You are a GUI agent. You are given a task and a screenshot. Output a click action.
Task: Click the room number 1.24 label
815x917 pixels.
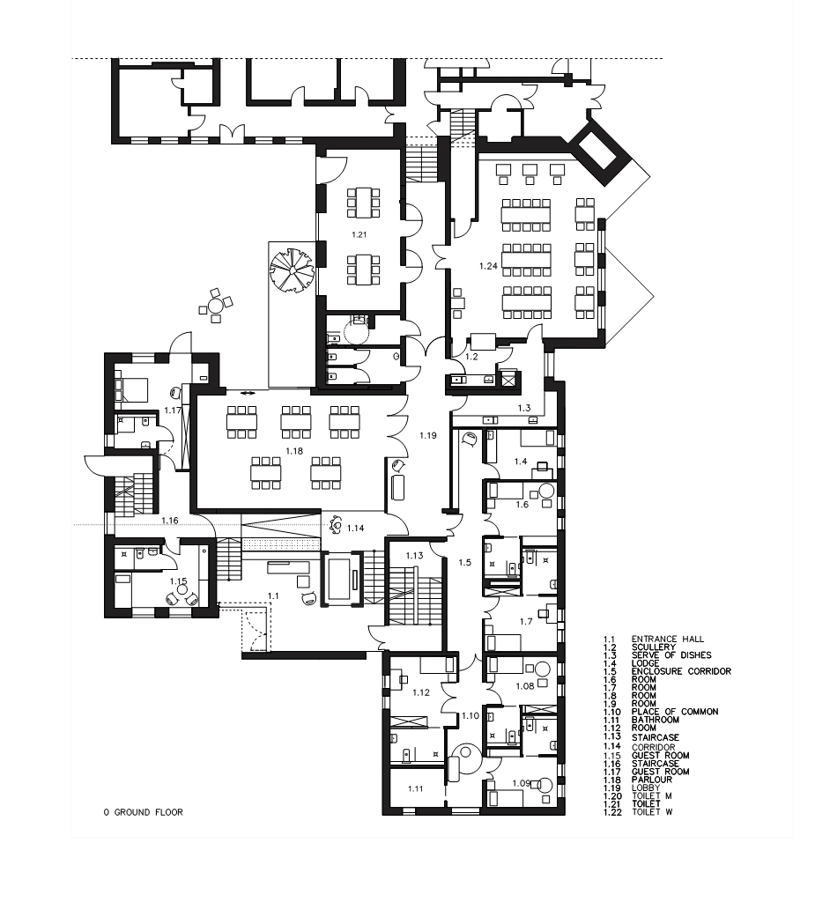(488, 265)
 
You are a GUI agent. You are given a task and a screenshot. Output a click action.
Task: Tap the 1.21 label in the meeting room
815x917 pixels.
(359, 235)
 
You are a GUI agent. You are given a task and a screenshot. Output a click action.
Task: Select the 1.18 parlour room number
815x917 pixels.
(293, 450)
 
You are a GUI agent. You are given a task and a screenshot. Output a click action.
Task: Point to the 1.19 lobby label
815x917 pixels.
(428, 435)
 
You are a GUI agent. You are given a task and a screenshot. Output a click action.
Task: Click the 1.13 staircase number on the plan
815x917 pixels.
(414, 555)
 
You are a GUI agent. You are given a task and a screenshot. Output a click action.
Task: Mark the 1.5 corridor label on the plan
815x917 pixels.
(465, 561)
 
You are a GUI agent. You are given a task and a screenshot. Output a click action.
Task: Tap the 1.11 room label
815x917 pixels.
(417, 788)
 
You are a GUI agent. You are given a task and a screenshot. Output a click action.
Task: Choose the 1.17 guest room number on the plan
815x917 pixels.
(172, 410)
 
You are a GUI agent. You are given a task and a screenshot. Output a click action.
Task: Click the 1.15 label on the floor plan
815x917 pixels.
(178, 581)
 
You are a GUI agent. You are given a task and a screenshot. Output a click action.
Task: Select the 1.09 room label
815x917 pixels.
(522, 783)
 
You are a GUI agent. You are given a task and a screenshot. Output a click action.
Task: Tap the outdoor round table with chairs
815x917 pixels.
(215, 306)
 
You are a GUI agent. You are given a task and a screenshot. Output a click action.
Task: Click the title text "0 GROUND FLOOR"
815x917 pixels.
(143, 812)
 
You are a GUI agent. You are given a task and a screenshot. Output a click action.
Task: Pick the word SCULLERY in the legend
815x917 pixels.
(654, 647)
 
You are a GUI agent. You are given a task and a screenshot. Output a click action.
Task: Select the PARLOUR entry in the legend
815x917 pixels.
(652, 780)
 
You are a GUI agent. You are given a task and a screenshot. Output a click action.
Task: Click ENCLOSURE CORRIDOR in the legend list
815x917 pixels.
(681, 671)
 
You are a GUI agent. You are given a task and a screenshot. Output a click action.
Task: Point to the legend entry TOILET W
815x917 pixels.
(652, 811)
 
